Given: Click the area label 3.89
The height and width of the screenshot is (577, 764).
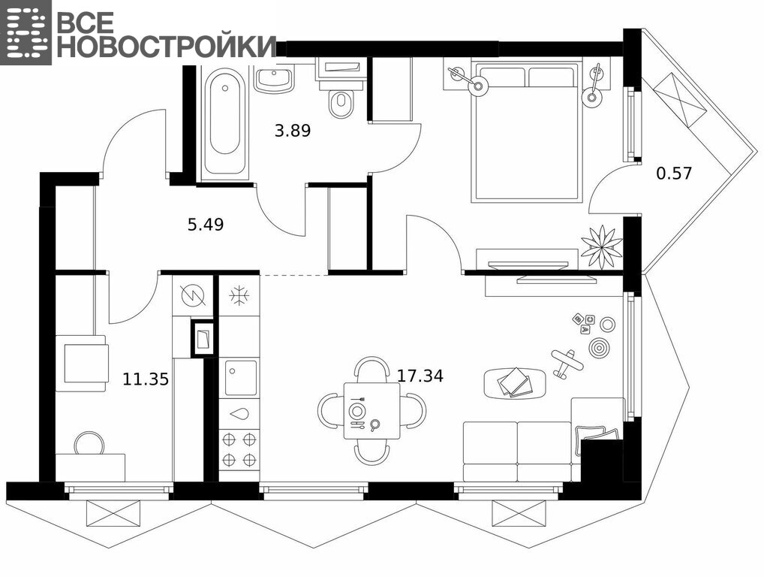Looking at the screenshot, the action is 293,131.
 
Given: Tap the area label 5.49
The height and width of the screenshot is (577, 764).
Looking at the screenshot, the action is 206,225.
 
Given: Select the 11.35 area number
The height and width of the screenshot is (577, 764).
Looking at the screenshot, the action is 145,379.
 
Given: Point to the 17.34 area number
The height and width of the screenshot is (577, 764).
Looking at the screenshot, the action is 420,376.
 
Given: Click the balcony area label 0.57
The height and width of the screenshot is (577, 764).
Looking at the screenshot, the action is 675,173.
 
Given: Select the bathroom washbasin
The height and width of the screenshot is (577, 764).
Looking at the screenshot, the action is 275,80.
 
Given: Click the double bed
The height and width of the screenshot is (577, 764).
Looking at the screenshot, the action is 527,131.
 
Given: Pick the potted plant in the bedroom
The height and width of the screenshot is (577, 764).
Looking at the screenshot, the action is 602,246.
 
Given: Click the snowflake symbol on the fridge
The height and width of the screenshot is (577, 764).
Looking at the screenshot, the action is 239,295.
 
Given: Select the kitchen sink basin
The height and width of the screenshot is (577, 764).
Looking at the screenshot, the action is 241,377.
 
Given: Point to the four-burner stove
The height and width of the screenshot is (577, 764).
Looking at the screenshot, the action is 239,450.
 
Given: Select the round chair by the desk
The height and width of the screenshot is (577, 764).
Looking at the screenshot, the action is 89,443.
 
